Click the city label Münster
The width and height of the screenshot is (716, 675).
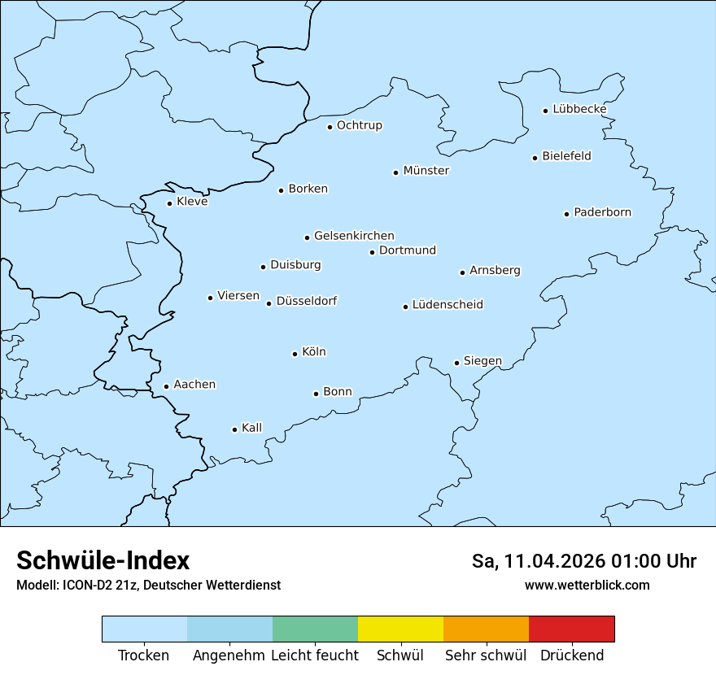pyautogui.click(x=426, y=171)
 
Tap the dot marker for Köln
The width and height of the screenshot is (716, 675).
pyautogui.click(x=295, y=354)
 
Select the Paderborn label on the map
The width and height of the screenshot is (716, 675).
pyautogui.click(x=602, y=212)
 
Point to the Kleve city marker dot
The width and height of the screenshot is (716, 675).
pyautogui.click(x=169, y=203)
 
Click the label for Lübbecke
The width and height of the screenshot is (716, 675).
pyautogui.click(x=579, y=109)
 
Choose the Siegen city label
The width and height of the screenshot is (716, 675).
pyautogui.click(x=482, y=361)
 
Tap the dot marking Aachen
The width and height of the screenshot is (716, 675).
pyautogui.click(x=166, y=387)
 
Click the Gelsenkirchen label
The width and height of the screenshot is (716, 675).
pyautogui.click(x=354, y=236)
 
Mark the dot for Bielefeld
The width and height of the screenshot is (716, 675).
pyautogui.click(x=535, y=158)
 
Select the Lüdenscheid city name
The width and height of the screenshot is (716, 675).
pyautogui.click(x=447, y=305)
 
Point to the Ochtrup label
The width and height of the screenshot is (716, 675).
pyautogui.click(x=359, y=125)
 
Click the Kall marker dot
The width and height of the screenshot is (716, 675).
pyautogui.click(x=234, y=429)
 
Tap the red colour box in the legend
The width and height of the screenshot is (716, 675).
pyautogui.click(x=571, y=629)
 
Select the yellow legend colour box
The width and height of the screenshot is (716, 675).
pyautogui.click(x=400, y=629)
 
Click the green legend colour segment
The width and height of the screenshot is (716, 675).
pyautogui.click(x=315, y=629)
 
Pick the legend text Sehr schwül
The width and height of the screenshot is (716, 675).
pyautogui.click(x=486, y=655)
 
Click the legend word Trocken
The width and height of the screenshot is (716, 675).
pyautogui.click(x=144, y=655)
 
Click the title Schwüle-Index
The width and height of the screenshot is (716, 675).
pyautogui.click(x=103, y=560)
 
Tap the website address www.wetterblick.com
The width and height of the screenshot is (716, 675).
pyautogui.click(x=587, y=585)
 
